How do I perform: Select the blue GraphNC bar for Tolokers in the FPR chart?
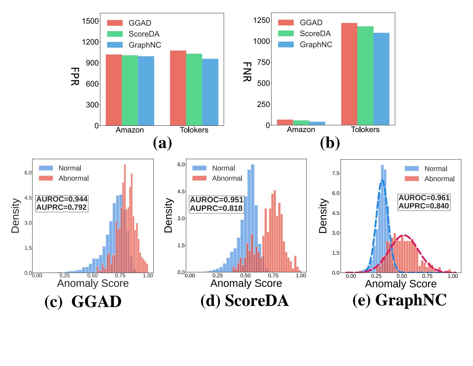click(x=210, y=92)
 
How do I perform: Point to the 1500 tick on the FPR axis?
click(x=90, y=21)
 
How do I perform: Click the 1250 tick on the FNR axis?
click(x=261, y=20)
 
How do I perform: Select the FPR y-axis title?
click(x=75, y=76)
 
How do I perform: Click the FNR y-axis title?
click(x=247, y=72)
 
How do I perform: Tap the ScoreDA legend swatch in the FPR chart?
click(x=115, y=34)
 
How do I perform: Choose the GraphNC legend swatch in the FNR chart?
click(x=286, y=44)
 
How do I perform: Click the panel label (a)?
click(x=162, y=143)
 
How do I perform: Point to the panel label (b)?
click(x=330, y=143)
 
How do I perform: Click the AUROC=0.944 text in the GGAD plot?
click(x=62, y=199)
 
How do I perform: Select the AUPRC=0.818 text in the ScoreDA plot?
click(x=216, y=208)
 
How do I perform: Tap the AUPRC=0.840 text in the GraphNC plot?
click(x=424, y=206)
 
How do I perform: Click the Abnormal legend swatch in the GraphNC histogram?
click(x=412, y=179)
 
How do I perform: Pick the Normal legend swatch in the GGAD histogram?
click(x=46, y=168)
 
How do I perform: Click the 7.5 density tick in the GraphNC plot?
click(x=335, y=173)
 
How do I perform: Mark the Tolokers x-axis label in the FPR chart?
click(x=194, y=130)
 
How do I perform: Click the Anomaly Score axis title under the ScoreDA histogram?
click(x=246, y=283)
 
